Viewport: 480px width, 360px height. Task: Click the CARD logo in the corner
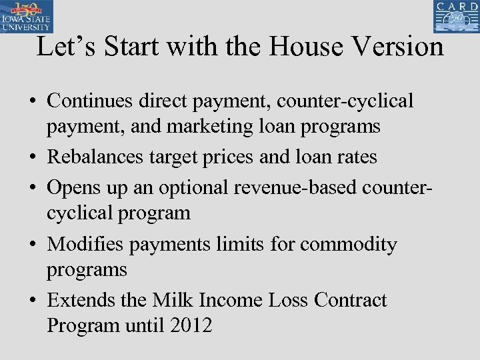(455, 17)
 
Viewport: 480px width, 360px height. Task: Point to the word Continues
(90, 101)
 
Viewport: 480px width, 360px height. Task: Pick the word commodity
(348, 245)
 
